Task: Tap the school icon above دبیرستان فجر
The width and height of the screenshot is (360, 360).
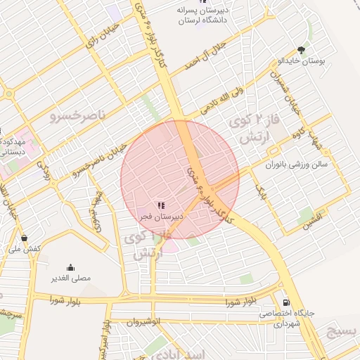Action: click(x=162, y=206)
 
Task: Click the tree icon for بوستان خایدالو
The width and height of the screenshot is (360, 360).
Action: click(x=301, y=50)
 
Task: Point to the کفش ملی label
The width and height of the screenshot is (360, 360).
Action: click(x=25, y=249)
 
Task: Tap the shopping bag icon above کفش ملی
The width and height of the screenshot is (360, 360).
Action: click(x=25, y=238)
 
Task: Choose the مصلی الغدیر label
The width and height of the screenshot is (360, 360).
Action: click(x=70, y=278)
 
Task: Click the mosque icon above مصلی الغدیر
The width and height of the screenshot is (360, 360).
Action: click(x=70, y=267)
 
